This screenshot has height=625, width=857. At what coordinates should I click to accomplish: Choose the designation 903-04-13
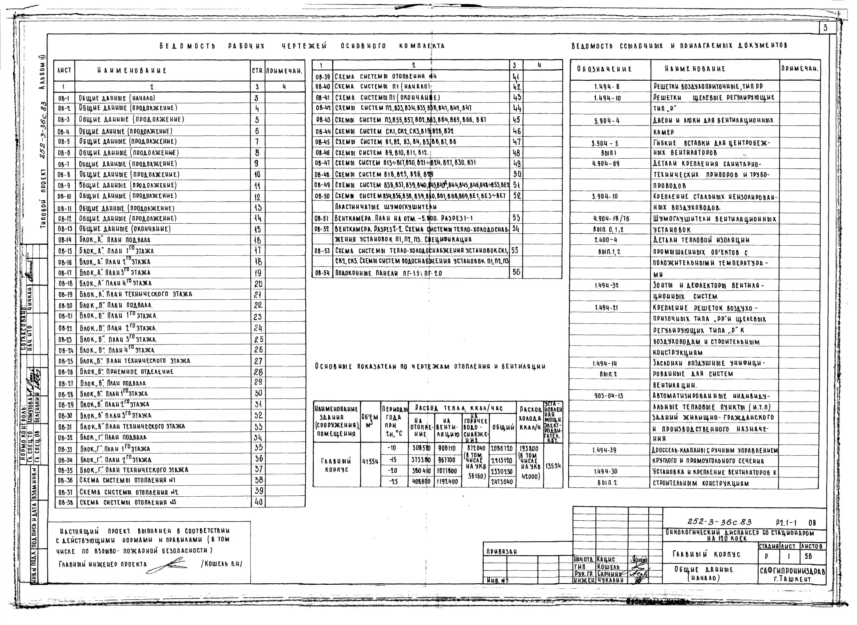[x=608, y=396]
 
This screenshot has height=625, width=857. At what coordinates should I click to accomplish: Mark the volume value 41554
[x=370, y=462]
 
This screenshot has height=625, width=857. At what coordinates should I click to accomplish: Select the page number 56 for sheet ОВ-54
[x=516, y=272]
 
